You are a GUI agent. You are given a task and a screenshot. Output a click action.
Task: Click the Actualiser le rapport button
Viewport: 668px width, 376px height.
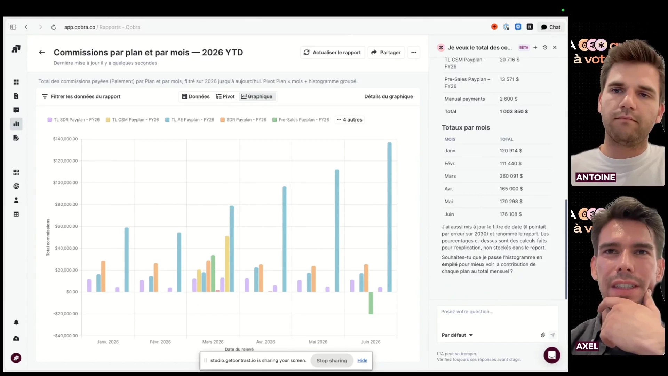coord(332,53)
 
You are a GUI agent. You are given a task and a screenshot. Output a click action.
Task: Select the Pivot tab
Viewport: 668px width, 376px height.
coord(225,96)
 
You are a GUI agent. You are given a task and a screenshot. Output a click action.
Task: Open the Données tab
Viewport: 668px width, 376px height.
coord(196,96)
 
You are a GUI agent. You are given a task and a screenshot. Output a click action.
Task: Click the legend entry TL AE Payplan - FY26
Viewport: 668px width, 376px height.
coord(190,120)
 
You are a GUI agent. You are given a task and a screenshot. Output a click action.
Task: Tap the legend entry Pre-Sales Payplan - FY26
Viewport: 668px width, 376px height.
coord(301,120)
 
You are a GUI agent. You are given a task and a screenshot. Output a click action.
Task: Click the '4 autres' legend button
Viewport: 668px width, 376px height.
coord(349,120)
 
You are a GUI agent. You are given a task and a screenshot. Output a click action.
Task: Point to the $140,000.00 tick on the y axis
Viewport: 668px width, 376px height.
coord(65,139)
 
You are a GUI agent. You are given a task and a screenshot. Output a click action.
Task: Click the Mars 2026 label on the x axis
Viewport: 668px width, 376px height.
coord(213,342)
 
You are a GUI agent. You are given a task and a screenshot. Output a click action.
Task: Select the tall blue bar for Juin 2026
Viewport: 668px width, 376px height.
coord(389,217)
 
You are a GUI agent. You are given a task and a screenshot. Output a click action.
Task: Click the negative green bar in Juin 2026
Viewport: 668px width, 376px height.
coord(371,303)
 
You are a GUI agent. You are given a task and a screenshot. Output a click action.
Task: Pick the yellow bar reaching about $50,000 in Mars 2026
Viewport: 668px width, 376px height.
coord(227,264)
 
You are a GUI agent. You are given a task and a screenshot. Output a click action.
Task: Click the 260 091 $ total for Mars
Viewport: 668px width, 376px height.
coord(511,176)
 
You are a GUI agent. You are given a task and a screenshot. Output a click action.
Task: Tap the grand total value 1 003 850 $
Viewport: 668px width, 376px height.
coord(514,111)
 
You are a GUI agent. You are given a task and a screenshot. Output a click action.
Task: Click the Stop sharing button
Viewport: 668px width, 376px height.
coord(332,361)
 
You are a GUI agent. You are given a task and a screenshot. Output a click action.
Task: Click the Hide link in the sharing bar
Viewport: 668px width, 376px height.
coord(362,361)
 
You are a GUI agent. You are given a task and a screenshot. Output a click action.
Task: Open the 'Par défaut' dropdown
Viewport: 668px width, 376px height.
coord(457,335)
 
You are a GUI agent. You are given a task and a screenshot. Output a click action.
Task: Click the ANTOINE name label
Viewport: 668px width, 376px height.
coord(596,178)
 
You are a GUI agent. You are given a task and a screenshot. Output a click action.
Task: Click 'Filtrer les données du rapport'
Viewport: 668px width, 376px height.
coord(81,96)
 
